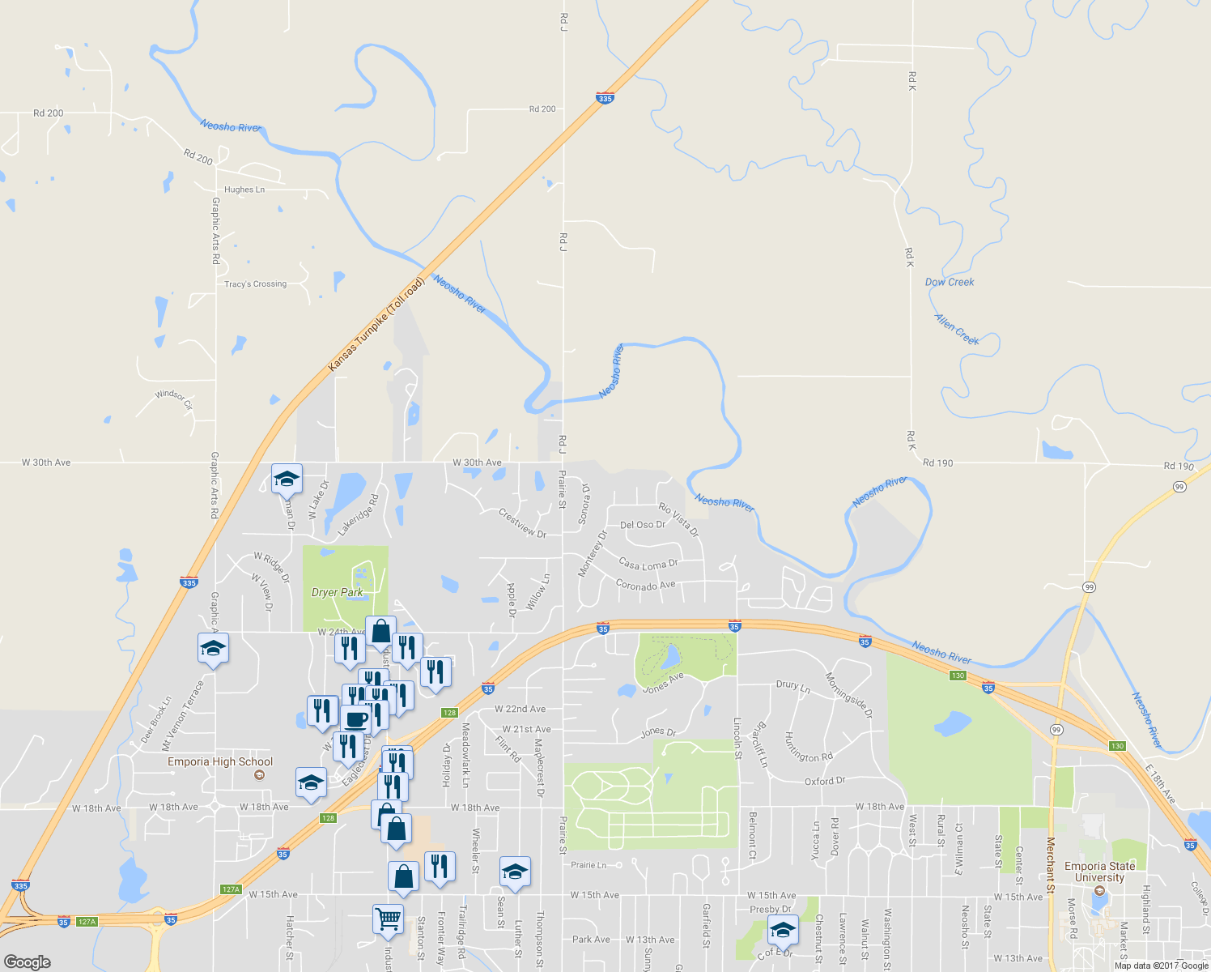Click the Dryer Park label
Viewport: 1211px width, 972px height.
click(337, 592)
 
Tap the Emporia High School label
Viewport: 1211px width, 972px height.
click(220, 761)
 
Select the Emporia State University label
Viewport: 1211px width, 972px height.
click(1099, 872)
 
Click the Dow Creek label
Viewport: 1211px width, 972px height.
click(950, 282)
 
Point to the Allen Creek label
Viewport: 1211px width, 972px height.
click(957, 330)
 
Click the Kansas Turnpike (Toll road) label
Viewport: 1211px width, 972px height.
click(376, 326)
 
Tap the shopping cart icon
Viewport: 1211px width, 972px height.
click(388, 920)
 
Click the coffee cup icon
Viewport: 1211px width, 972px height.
click(355, 718)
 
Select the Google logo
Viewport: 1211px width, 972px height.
click(27, 962)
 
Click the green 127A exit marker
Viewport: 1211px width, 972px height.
click(231, 889)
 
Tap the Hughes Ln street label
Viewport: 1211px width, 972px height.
click(244, 190)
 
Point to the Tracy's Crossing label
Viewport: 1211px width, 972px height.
click(255, 284)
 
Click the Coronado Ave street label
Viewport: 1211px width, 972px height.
click(645, 585)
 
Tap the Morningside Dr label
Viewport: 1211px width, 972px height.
click(849, 695)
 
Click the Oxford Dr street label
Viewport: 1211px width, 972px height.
click(824, 781)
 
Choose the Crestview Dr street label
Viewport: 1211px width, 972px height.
click(522, 522)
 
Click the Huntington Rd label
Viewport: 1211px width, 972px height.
click(808, 747)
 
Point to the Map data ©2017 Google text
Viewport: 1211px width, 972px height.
click(1161, 966)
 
